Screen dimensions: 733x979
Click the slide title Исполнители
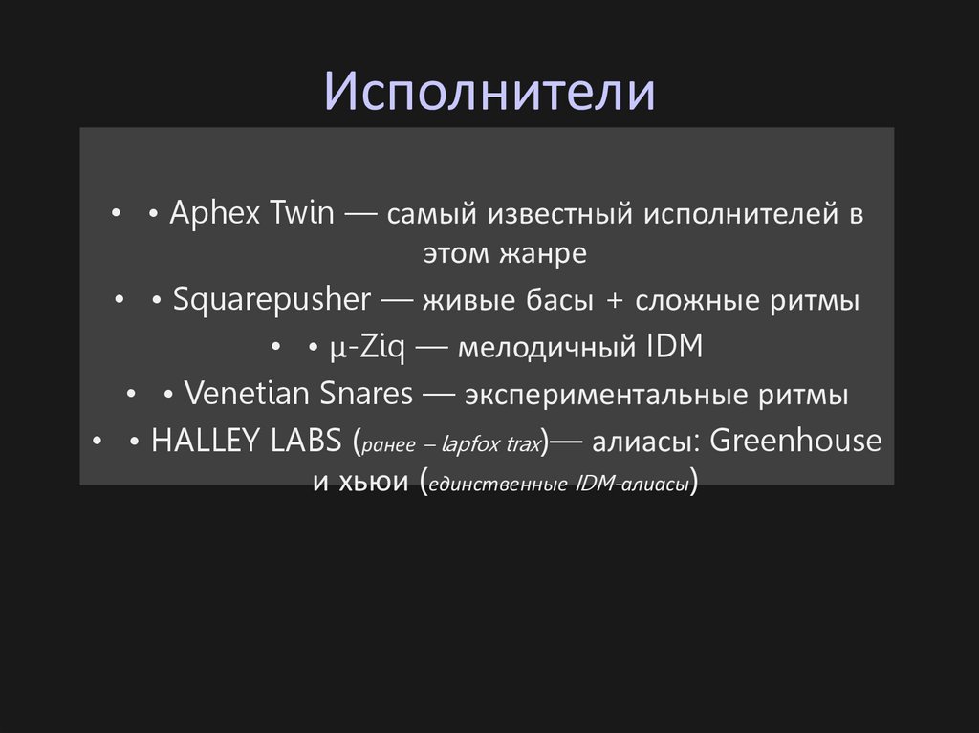pyautogui.click(x=489, y=93)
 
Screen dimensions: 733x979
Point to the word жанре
pyautogui.click(x=542, y=255)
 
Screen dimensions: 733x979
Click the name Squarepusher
pyautogui.click(x=272, y=300)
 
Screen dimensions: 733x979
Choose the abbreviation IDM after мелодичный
pyautogui.click(x=668, y=347)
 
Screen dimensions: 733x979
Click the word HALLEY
pyautogui.click(x=199, y=441)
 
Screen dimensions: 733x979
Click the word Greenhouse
pyautogui.click(x=795, y=441)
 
